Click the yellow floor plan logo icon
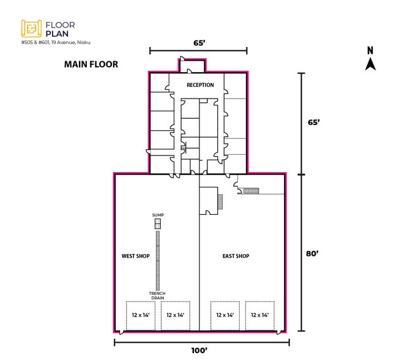31,29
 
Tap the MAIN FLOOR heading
91,64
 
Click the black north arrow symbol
370,65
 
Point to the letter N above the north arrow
370,51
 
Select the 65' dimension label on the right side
313,122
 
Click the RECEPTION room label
200,85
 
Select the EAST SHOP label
236,256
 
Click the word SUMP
158,215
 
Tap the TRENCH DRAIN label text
157,296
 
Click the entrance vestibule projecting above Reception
192,66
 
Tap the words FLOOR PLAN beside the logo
61,29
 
